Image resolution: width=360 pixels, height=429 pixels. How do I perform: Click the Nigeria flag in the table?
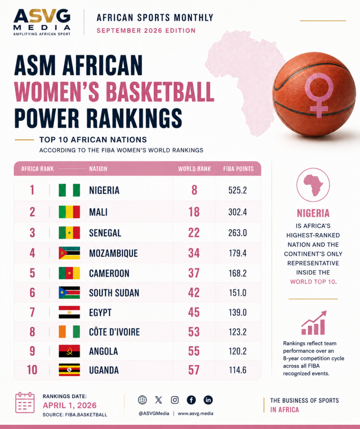point(69,190)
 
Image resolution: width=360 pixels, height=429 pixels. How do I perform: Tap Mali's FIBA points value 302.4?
point(238,212)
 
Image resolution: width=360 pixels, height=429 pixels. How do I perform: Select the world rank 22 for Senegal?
point(193,233)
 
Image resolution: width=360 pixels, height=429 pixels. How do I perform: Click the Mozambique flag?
point(69,253)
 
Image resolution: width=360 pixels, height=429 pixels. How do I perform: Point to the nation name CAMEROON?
point(109,273)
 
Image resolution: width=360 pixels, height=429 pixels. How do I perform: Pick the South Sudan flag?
point(69,293)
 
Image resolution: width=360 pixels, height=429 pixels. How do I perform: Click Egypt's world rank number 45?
point(193,312)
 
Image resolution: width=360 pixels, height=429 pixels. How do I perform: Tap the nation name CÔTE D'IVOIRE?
point(114,332)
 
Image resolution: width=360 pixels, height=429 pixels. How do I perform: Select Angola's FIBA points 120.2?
point(238,351)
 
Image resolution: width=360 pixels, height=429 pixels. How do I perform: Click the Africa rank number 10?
point(32,370)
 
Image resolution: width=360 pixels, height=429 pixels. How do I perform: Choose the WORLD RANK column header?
point(194,169)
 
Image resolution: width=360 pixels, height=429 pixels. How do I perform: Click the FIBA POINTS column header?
point(238,169)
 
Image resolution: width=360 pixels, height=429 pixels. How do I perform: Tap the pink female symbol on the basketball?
point(319,95)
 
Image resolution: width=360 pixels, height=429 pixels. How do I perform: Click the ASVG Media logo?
point(42,22)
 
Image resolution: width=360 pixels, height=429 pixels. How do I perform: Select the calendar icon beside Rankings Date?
point(25,402)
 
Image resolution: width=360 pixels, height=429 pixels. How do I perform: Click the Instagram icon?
point(175,400)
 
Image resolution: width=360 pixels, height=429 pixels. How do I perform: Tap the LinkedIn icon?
point(208,400)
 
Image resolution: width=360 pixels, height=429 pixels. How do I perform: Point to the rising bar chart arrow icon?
point(314,323)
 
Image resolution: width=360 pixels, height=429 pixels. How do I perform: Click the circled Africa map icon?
point(313,185)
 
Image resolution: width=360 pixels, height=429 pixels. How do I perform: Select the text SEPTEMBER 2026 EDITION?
point(146,30)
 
